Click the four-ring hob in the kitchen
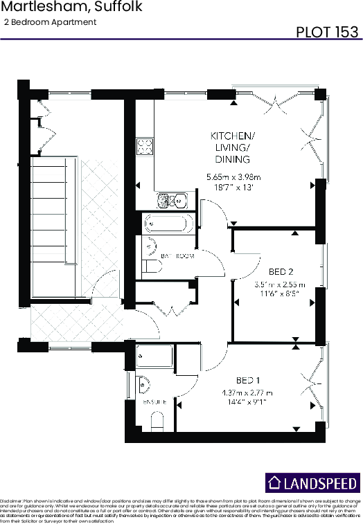click(145, 146)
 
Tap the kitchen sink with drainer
click(170, 201)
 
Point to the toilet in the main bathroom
click(150, 266)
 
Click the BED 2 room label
click(279, 271)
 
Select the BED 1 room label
click(248, 381)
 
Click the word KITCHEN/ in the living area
click(233, 136)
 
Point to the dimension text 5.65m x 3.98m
click(233, 177)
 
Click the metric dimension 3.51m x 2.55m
click(280, 284)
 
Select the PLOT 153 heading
click(327, 32)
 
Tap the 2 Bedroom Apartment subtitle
click(50, 22)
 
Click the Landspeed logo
click(312, 482)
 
